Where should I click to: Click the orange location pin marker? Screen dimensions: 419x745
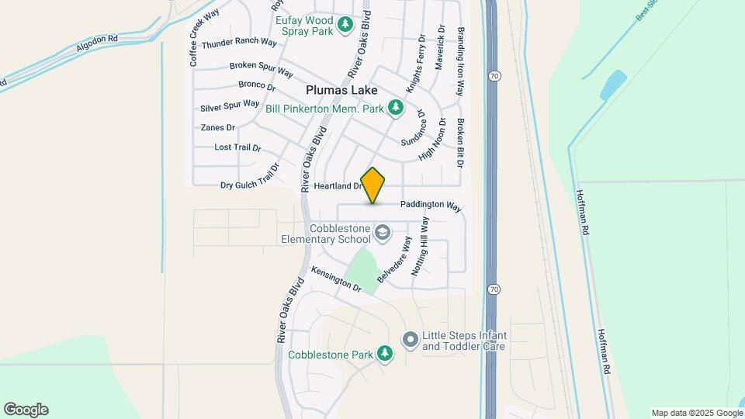tap(373, 185)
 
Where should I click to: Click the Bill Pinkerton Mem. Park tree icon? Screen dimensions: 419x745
tap(396, 107)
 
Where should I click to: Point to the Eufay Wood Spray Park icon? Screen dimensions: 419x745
tap(346, 25)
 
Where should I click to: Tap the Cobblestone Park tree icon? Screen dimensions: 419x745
tap(384, 355)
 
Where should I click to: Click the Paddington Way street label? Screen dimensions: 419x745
tap(431, 206)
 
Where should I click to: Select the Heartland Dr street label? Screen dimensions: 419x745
tap(339, 186)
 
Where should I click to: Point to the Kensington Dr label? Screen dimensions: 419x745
tap(336, 279)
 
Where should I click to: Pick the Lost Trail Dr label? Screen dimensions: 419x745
tap(237, 147)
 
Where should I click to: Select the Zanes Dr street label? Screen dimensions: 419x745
tap(217, 127)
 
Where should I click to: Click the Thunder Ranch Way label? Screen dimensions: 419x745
tap(239, 43)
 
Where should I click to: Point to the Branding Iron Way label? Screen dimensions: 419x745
tap(460, 62)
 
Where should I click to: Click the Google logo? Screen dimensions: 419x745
tap(26, 410)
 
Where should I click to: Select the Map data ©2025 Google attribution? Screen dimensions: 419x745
tap(697, 413)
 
